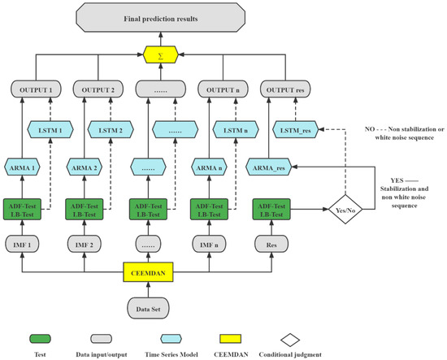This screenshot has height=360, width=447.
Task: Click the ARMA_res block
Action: click(x=270, y=167)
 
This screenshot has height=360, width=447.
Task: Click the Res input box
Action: click(x=270, y=243)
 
